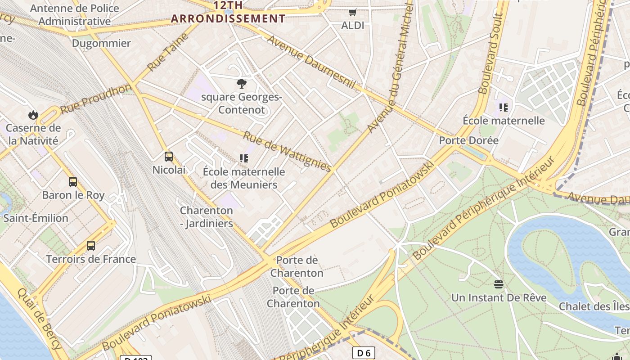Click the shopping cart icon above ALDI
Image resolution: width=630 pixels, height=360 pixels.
coord(353,13)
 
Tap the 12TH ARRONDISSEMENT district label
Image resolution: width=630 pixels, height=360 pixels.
coord(228,12)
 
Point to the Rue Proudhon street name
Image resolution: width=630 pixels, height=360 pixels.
coord(95,98)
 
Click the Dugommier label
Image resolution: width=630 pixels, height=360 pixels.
coord(101,43)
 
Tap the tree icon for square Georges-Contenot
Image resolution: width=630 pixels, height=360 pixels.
coord(242,83)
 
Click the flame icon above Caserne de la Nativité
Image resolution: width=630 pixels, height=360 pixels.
coord(33,115)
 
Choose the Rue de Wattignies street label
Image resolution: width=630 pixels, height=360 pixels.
coord(288,151)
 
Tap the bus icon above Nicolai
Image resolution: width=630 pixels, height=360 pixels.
coord(169,157)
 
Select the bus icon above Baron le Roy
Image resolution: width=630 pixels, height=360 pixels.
coord(73,182)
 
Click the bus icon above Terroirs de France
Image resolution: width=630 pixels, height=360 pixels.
coord(91,246)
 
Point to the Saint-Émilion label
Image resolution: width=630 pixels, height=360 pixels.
coord(36,218)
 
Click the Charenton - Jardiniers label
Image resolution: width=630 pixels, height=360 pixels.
coord(207,217)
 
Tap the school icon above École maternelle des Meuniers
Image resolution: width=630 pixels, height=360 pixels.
coord(244,158)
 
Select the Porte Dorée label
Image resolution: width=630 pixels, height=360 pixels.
coord(469,140)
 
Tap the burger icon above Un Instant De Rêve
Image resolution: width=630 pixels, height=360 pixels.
coord(498,284)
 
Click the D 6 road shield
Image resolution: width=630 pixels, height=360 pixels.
coord(363,353)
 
